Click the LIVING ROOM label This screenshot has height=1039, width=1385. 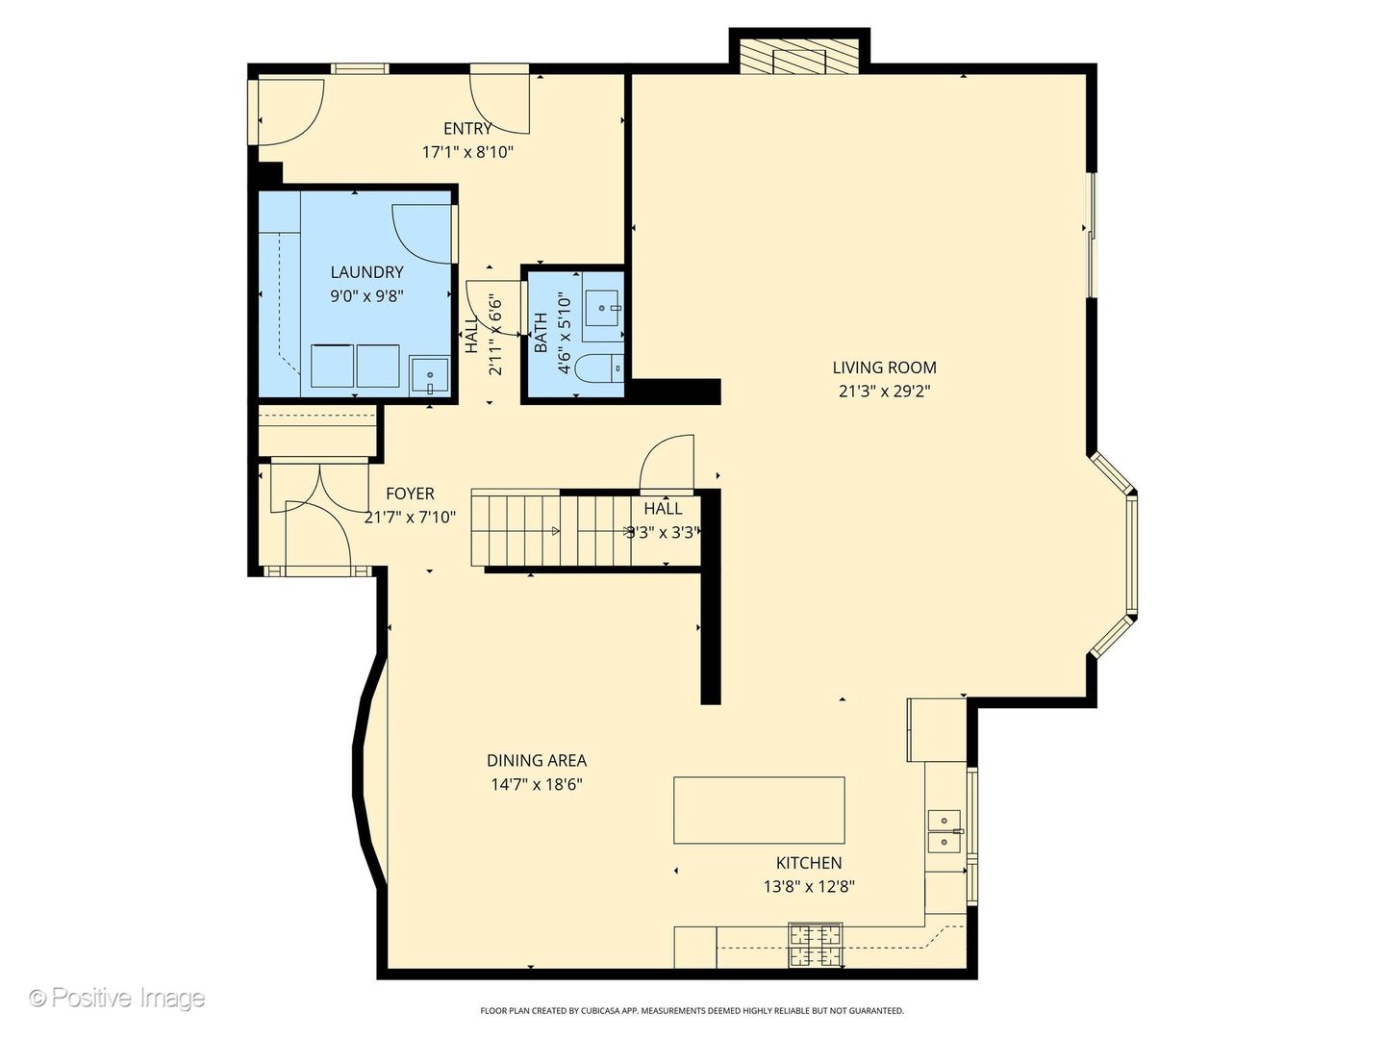pos(884,367)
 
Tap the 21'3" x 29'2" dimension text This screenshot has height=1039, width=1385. pos(884,391)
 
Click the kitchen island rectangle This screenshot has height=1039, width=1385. pos(759,810)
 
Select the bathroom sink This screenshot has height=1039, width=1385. pos(604,308)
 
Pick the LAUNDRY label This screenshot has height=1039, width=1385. pos(366,272)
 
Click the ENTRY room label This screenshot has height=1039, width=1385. pos(467,128)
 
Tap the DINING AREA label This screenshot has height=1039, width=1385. pos(537,760)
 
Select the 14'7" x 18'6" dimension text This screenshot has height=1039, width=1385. pos(537,784)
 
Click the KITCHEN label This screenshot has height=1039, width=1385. pos(809,863)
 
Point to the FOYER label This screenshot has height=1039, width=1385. pos(410,494)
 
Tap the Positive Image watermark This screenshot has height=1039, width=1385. pos(116,998)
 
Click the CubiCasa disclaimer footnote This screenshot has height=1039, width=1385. pos(692,1010)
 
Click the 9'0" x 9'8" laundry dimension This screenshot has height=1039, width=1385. pos(366,296)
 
